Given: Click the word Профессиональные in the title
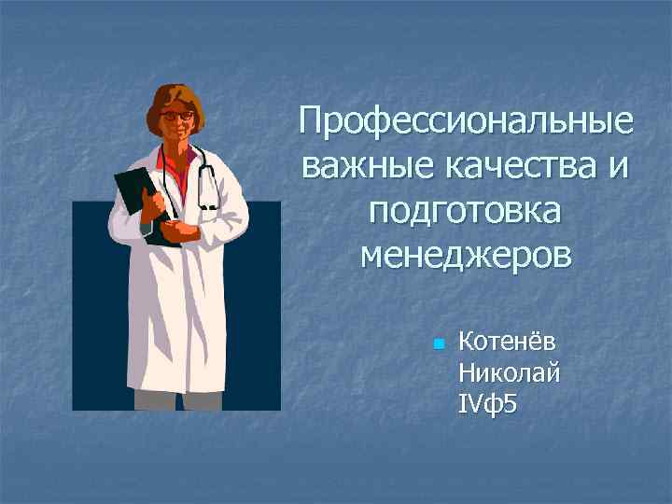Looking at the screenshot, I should (x=464, y=122).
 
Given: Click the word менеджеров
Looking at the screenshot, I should (x=464, y=254).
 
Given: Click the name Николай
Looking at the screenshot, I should (x=510, y=373).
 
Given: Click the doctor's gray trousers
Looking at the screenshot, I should (x=177, y=400).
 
